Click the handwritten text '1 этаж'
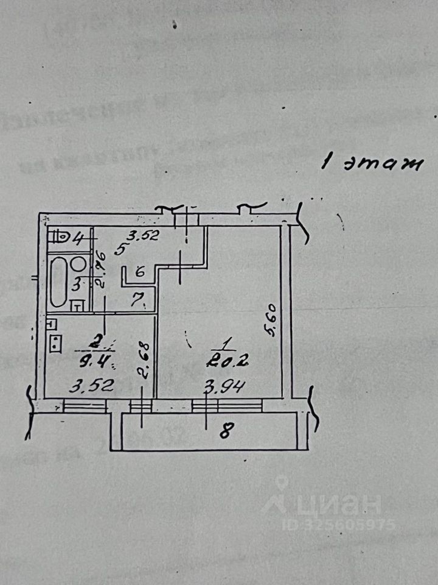[371, 163]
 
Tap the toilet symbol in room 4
[60, 236]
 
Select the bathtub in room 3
[59, 281]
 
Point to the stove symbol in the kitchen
[57, 344]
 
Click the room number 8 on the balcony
[226, 431]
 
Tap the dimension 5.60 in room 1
[272, 321]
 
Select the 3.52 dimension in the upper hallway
[143, 234]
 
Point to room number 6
[140, 273]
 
